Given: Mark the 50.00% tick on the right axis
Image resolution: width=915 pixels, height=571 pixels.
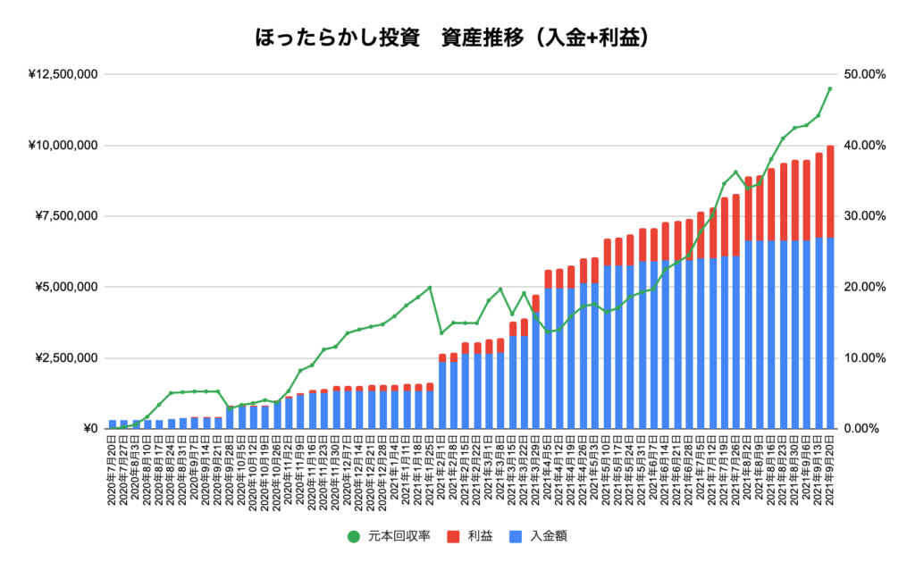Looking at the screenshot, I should click(x=862, y=74).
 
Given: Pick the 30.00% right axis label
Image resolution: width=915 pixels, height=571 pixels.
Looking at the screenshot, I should click(x=862, y=216).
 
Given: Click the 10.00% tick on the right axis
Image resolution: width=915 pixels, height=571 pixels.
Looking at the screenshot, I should click(x=862, y=358).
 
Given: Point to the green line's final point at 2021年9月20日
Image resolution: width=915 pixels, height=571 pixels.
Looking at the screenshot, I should click(x=830, y=88).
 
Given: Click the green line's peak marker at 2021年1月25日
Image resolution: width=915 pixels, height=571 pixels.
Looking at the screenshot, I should click(x=430, y=288).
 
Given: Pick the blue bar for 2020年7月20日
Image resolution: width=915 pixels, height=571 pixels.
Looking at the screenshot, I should click(x=113, y=424).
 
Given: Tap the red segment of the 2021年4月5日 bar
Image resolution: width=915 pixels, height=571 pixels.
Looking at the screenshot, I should click(x=548, y=279).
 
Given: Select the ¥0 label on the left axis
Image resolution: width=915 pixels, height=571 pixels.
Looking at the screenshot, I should click(x=89, y=429).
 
